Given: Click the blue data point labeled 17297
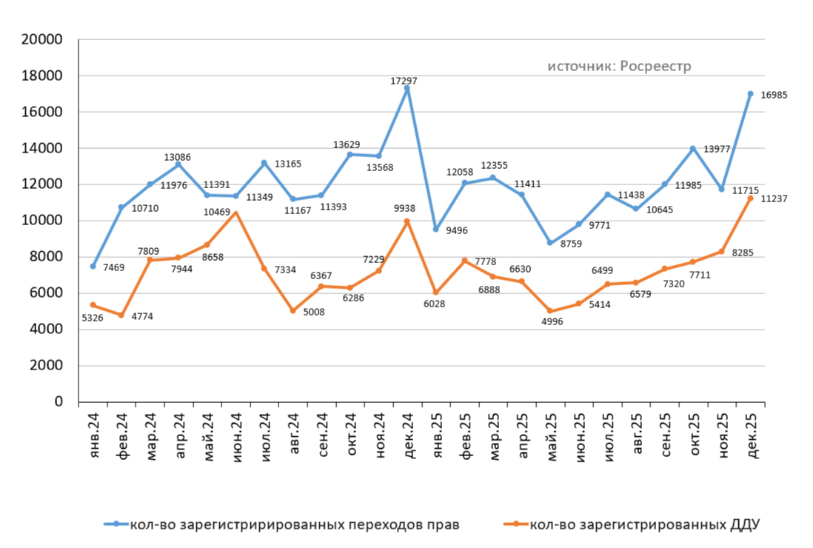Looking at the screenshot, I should click(x=407, y=88).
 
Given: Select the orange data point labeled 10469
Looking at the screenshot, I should click(x=235, y=213).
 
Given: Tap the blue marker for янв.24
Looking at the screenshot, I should click(x=93, y=266).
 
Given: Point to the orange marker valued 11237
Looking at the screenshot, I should click(x=750, y=198).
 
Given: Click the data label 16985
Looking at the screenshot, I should click(x=774, y=95).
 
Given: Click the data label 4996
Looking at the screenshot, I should click(x=551, y=321).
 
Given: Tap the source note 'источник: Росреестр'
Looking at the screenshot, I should click(x=619, y=67).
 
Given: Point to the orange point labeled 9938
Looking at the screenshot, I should click(x=407, y=221).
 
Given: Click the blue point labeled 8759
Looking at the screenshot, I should click(x=550, y=242).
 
